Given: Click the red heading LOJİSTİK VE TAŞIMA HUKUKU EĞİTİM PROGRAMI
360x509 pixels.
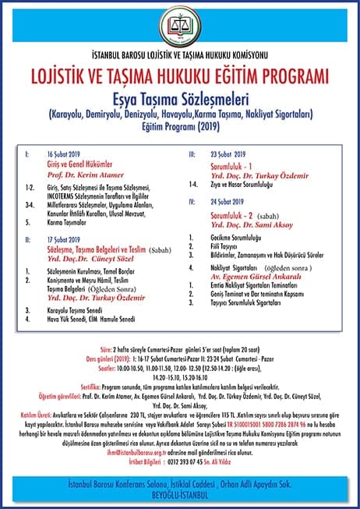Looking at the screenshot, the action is coord(180,78).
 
